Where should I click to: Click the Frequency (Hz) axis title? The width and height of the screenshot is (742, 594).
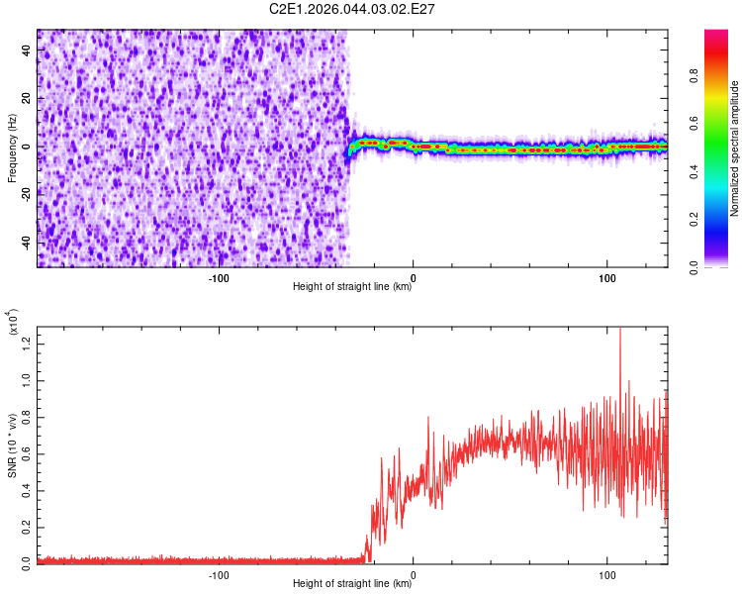[x=12, y=148]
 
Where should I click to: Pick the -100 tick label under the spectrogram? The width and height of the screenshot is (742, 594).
[x=219, y=276]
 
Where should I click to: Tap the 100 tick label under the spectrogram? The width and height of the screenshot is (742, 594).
[x=606, y=276]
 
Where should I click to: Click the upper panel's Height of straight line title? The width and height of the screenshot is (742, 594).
[x=352, y=287]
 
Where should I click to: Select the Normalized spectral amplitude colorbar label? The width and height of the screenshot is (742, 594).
[x=734, y=148]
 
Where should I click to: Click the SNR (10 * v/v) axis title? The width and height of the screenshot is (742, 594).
[x=12, y=445]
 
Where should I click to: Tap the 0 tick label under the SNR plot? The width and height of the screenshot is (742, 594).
[x=413, y=573]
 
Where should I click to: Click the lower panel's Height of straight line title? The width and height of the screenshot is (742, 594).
[x=352, y=584]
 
